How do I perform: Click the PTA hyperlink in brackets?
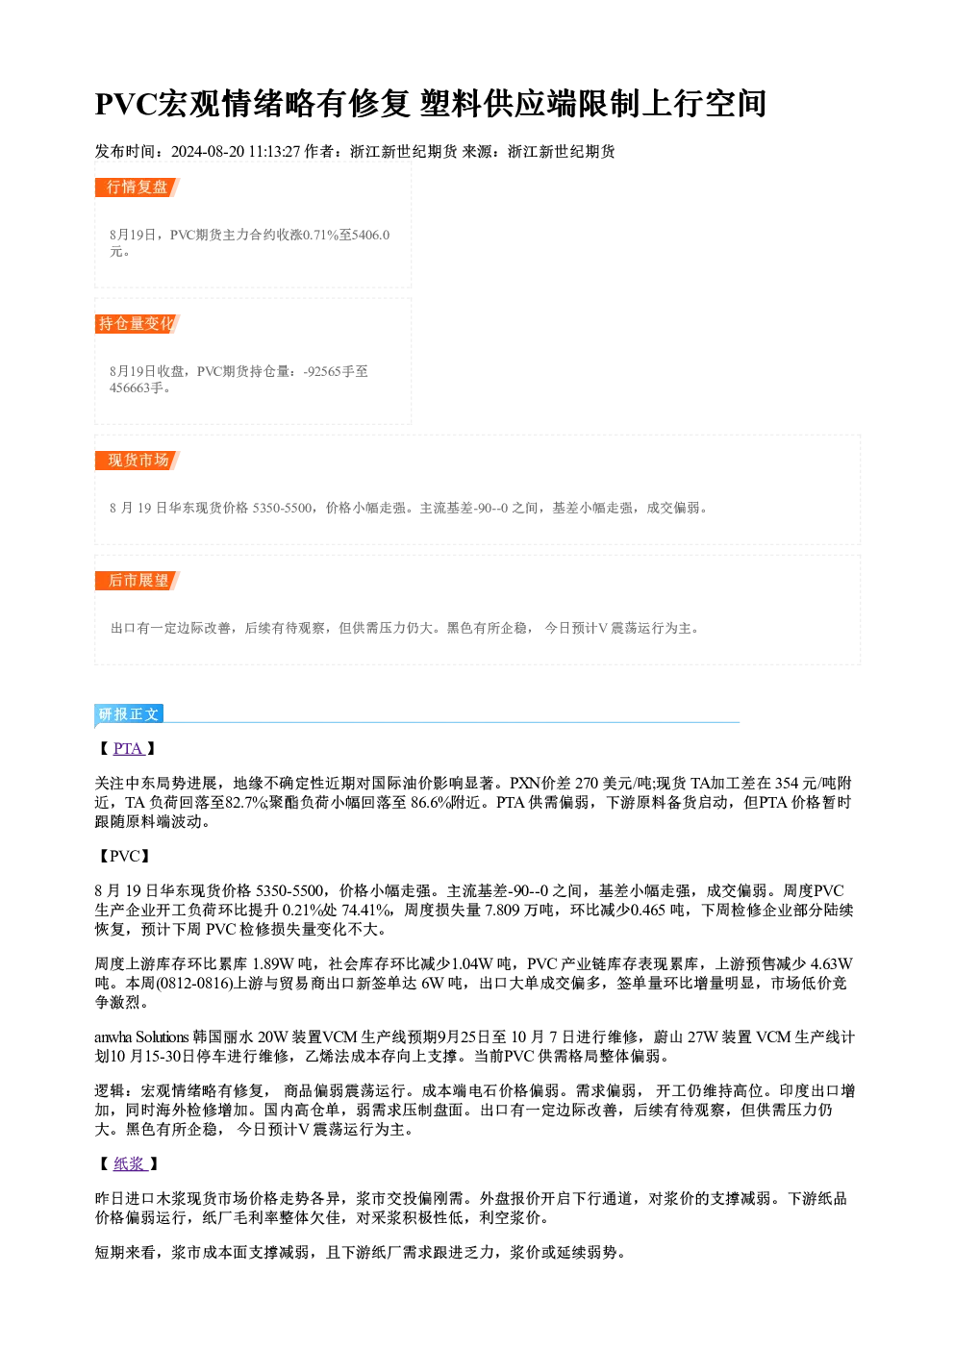(x=128, y=749)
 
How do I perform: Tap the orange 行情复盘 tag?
(x=137, y=187)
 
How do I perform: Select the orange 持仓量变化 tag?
(x=137, y=324)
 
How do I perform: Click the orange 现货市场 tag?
(x=137, y=461)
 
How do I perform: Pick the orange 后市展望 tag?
(x=137, y=581)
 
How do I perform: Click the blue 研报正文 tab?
(x=129, y=714)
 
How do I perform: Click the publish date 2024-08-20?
(x=208, y=152)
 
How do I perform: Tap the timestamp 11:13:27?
(x=274, y=152)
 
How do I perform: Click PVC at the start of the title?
(x=125, y=104)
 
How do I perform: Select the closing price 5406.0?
(x=370, y=235)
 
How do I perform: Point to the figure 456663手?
(x=137, y=387)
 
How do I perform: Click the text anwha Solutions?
(x=141, y=1037)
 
